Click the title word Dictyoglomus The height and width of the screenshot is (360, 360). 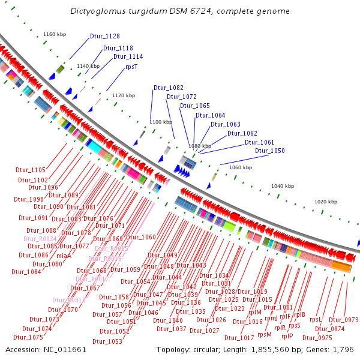point(97,11)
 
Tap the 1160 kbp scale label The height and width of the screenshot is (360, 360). point(55,34)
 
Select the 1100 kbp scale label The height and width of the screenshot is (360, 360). point(161,122)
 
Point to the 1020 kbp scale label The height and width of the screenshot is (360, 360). point(326,202)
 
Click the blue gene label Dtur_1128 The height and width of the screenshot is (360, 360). point(105,36)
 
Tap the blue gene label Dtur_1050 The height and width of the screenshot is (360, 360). point(270,151)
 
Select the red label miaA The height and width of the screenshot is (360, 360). point(64,255)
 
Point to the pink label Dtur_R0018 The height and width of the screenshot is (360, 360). point(68,300)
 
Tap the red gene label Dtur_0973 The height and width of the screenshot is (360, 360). point(343,320)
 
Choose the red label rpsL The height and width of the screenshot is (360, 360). point(316,320)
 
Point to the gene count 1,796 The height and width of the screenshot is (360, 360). point(344,349)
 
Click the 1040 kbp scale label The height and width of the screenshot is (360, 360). point(283,187)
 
